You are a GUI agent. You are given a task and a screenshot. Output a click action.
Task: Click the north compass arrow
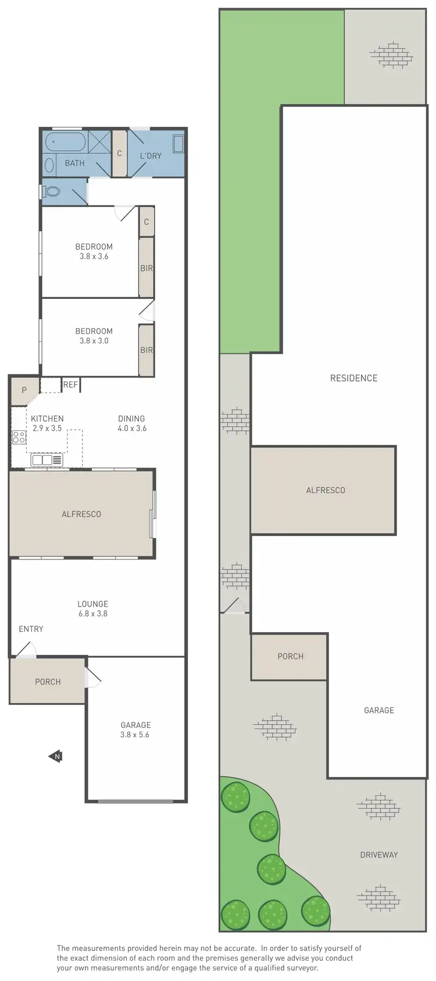point(56,756)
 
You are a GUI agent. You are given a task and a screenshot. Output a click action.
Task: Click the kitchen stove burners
point(19,437)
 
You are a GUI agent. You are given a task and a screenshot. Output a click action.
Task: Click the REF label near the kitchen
point(70,384)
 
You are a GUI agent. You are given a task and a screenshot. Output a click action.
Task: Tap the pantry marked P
point(24,390)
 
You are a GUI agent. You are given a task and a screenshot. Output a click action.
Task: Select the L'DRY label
point(151,156)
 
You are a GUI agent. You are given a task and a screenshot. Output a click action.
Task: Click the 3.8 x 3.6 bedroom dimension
point(94,256)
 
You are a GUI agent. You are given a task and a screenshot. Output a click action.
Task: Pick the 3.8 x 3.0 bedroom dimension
point(94,341)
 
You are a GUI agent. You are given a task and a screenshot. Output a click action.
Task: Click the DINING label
point(131,418)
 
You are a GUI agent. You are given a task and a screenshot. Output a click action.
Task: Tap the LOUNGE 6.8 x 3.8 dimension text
point(93,613)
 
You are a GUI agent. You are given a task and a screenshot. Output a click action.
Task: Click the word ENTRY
point(31,629)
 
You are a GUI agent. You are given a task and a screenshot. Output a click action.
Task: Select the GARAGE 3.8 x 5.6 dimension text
point(135,734)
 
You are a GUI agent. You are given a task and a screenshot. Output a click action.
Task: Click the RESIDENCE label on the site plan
point(353,378)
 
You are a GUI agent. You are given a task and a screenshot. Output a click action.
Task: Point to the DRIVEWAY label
point(378,854)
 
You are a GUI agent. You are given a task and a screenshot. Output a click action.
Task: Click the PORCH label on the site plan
point(290,656)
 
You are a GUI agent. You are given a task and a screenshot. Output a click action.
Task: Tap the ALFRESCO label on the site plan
point(326,490)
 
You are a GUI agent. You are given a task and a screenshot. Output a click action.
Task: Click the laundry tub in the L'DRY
point(178,144)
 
